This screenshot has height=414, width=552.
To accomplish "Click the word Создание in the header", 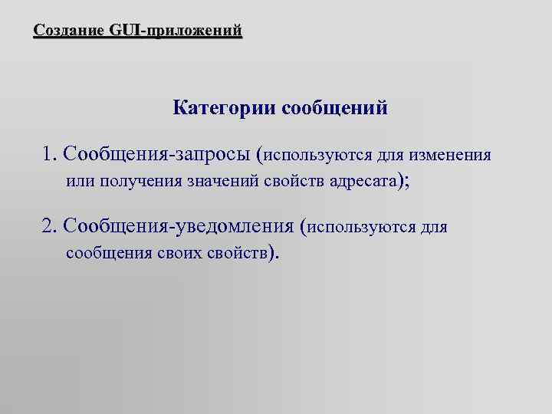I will pyautogui.click(x=70, y=31).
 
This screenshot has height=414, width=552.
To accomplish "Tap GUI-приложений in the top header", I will pyautogui.click(x=176, y=31).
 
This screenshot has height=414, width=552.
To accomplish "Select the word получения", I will pyautogui.click(x=134, y=182).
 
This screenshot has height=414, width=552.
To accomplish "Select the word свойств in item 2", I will pyautogui.click(x=235, y=253).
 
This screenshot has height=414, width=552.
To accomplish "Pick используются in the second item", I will pyautogui.click(x=362, y=227).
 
